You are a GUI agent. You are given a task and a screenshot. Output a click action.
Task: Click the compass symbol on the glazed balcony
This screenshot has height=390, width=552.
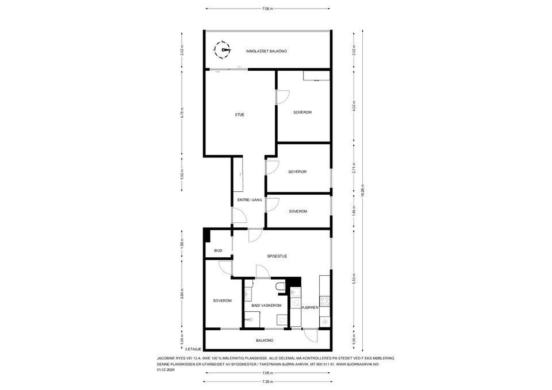pyautogui.click(x=221, y=51)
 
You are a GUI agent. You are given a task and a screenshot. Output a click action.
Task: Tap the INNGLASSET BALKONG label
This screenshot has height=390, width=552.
pyautogui.click(x=266, y=51)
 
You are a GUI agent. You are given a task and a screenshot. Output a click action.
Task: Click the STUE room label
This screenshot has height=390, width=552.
pyautogui.click(x=240, y=115)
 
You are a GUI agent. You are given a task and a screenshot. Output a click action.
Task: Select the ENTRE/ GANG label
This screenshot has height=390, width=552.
pyautogui.click(x=250, y=200)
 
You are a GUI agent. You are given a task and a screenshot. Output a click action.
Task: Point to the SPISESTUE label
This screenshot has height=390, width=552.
pyautogui.click(x=277, y=256)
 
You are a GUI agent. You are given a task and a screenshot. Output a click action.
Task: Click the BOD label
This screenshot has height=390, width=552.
pyautogui.click(x=218, y=251)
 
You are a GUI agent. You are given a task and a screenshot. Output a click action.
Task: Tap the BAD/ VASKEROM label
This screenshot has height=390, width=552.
pyautogui.click(x=266, y=306)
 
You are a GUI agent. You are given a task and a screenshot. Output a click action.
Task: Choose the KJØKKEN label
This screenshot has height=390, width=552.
pyautogui.click(x=310, y=308)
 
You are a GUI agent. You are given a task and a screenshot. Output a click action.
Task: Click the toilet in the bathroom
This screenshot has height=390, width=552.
pyautogui.click(x=280, y=286)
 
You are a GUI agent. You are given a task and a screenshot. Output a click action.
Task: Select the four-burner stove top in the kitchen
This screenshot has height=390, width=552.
pyautogui.click(x=325, y=299)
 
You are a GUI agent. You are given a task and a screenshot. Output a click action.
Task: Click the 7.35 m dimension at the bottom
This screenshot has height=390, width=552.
pyautogui.click(x=267, y=382)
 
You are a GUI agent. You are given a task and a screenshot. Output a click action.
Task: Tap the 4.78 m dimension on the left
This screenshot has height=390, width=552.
pyautogui.click(x=182, y=113)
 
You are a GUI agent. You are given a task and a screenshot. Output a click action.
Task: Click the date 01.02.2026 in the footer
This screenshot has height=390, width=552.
pyautogui.click(x=166, y=370)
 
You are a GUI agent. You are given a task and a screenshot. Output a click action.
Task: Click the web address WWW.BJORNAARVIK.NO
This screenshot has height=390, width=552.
pyautogui.click(x=357, y=364)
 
